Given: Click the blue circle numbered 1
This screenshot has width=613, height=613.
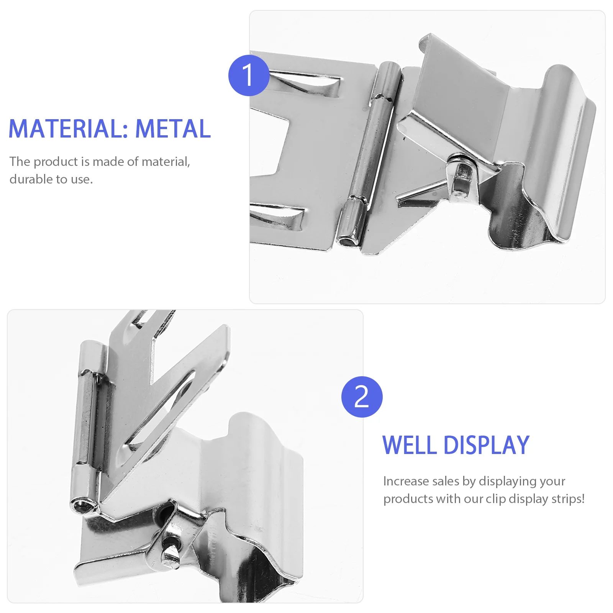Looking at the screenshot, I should coord(249,75).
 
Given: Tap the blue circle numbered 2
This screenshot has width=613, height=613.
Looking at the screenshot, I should coord(362,397).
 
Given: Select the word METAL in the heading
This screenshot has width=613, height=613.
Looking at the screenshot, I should coord(173,129).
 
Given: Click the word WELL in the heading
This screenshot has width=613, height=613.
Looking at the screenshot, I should coord(409,445).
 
